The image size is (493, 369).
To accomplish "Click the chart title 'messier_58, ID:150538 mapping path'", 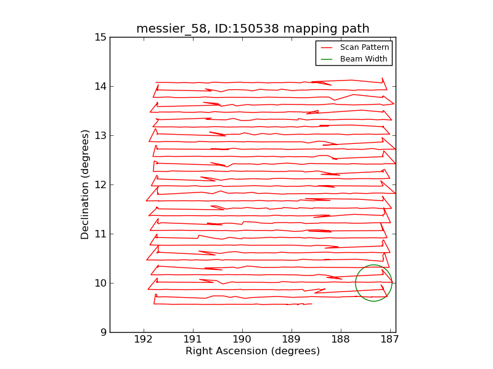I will coord(253,29).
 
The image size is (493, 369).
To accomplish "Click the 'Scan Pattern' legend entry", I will coord(367,47).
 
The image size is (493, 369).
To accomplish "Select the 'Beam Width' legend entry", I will coord(364,59).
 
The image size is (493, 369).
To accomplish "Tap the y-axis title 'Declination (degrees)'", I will coord(86,184).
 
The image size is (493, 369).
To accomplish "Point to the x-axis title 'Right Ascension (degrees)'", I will coord(253,351).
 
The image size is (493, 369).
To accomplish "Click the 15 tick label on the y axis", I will coord(100,38).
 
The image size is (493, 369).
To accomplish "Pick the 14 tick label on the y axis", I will coord(100,87).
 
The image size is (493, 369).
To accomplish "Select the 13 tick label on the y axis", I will coord(100,136).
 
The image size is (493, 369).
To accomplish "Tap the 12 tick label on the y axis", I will coord(100,185).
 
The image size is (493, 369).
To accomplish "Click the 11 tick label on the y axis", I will coord(100,234).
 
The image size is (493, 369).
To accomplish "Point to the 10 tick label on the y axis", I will coord(100,284).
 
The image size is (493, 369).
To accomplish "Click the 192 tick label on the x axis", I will coord(144,339).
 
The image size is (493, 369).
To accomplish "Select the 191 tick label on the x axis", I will coord(193,339).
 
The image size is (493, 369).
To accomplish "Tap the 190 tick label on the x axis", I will coord(242,339).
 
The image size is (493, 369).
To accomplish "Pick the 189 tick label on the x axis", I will coord(291,339).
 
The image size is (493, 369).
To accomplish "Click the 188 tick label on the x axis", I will coord(341,339).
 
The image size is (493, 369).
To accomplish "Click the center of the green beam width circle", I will coord(373,283).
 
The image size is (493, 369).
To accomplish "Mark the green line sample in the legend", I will coord(327,59).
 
